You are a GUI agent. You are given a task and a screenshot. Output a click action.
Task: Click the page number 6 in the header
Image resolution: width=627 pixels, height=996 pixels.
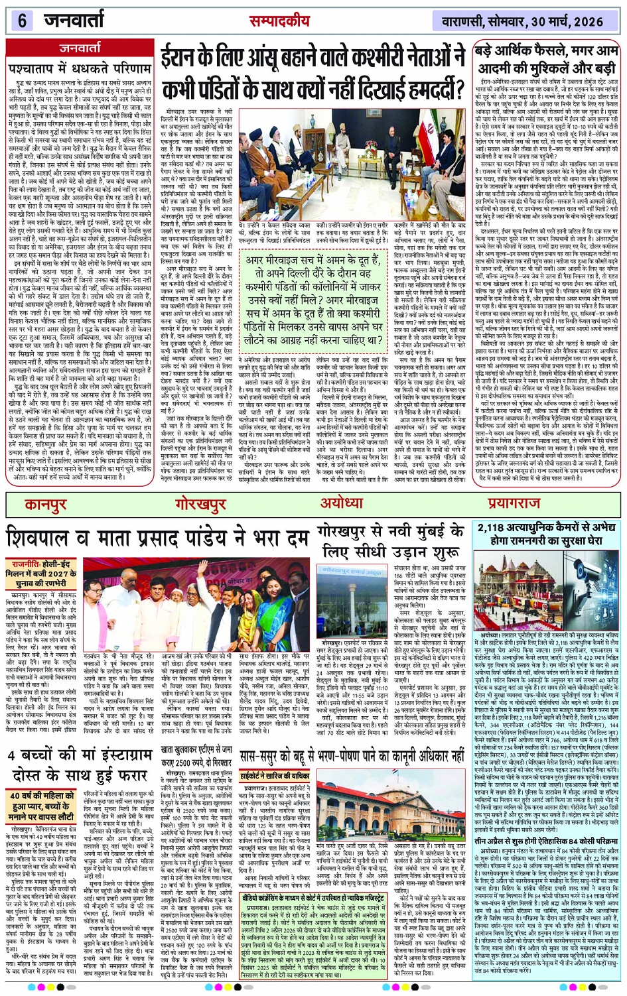22,21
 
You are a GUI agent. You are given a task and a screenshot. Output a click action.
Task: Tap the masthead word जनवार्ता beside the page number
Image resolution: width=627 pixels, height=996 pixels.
75,21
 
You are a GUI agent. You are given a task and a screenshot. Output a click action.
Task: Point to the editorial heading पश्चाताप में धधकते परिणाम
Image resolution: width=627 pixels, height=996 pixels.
80,68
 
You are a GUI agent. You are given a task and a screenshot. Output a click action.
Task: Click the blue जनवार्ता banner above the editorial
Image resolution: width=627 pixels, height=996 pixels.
80,48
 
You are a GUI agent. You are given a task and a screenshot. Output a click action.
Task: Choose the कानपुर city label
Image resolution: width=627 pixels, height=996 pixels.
46,505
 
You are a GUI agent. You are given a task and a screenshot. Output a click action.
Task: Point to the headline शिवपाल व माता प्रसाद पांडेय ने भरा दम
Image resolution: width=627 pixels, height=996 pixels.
158,536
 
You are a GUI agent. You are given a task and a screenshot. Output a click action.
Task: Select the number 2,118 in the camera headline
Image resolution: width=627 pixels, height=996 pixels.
500,528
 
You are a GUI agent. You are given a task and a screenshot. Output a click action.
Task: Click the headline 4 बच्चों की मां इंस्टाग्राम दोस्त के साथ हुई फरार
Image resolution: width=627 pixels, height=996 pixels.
79,765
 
